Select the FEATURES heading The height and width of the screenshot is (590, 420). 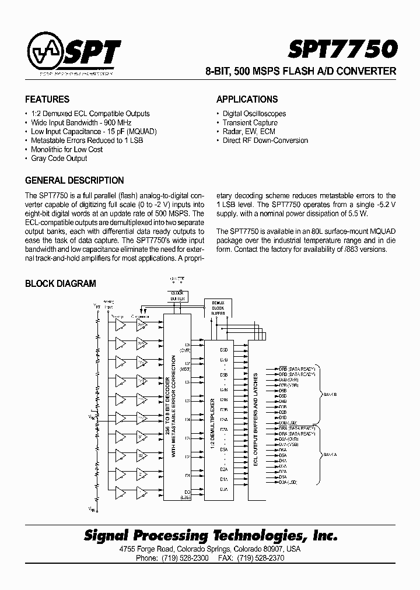pos(47,99)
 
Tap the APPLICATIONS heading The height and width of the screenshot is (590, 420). pos(247,99)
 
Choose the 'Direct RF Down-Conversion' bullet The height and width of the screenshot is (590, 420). pos(265,141)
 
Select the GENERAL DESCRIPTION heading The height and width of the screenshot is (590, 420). pos(75,180)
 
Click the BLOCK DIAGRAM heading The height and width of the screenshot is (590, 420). pos(60,284)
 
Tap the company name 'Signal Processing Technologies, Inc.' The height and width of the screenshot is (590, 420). pos(211,535)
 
